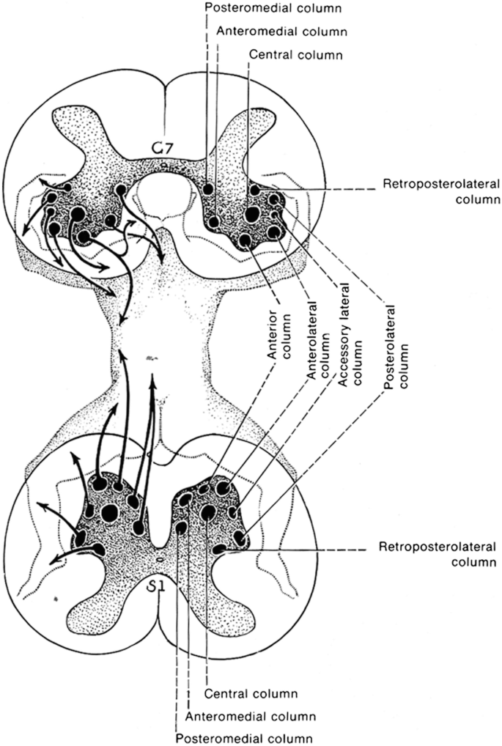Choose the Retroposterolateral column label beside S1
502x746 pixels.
(x=438, y=555)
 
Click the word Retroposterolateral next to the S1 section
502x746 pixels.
(x=438, y=547)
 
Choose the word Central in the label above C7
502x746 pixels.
(x=269, y=54)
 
